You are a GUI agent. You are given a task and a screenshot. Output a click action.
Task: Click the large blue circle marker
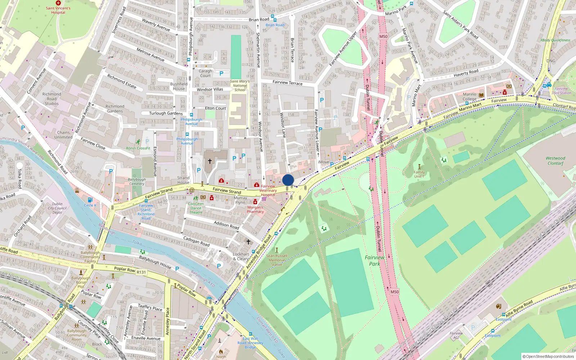click(288, 180)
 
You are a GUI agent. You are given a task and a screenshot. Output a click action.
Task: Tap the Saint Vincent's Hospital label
click(58, 10)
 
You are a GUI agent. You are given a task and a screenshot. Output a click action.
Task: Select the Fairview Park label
click(374, 260)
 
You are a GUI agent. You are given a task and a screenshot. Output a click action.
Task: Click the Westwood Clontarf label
click(555, 161)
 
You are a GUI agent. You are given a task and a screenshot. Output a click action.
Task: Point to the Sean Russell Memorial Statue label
click(276, 260)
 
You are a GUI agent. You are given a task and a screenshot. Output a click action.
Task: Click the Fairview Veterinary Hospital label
click(268, 190)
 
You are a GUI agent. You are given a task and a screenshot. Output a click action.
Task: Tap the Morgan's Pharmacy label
click(255, 209)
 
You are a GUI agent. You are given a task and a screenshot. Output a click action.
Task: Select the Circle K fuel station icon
click(90, 200)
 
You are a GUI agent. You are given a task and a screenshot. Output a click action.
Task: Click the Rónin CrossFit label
click(138, 148)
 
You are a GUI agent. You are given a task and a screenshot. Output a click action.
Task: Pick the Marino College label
click(469, 96)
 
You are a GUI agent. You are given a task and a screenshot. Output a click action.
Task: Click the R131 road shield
click(141, 272)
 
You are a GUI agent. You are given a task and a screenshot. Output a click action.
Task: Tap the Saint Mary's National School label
click(240, 86)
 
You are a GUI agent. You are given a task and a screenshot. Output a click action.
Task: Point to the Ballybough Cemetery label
click(137, 181)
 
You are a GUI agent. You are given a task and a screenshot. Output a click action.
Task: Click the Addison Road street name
click(226, 225)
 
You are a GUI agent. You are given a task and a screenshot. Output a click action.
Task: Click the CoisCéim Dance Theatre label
click(196, 208)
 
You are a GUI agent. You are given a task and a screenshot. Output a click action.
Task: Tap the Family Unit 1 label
click(419, 174)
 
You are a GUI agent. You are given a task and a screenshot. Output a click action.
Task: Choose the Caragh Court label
click(205, 73)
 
